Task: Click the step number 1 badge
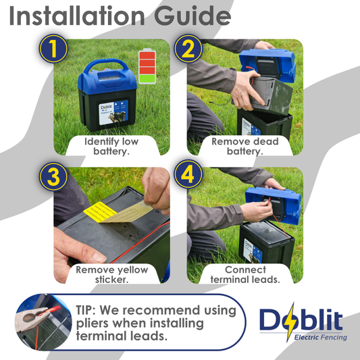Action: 53,49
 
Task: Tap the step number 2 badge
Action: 188,49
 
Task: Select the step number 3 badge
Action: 53,176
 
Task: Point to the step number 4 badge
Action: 188,175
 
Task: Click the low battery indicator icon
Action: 147,66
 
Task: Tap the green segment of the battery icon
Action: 147,79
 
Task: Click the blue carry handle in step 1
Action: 106,65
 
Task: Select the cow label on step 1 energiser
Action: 113,113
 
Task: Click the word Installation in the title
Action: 77,16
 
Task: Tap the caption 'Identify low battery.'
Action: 111,147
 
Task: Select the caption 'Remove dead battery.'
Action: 245,147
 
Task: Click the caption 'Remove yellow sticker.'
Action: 112,274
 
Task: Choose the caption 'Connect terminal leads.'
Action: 245,274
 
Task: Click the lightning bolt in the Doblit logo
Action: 290,322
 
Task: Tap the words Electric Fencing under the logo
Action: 321,337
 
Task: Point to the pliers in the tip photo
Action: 34,316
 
